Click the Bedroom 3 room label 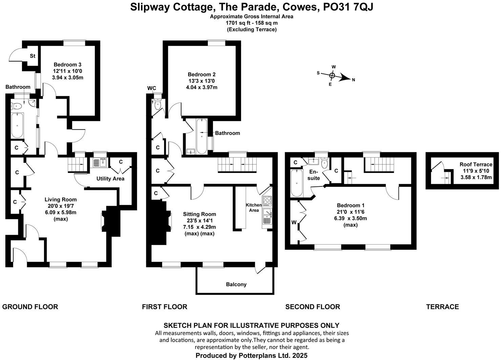tap(68, 64)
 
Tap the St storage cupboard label tap(32, 56)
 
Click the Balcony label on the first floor tap(236, 284)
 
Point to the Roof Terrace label tap(476, 164)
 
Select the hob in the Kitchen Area tap(267, 201)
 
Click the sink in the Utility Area tap(100, 163)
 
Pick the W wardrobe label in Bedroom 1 tap(294, 222)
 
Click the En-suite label tap(314, 175)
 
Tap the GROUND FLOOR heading tap(30, 307)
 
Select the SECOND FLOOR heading tap(312, 307)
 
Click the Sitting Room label tap(199, 214)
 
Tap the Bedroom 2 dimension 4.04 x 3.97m tap(201, 87)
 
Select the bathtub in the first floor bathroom tap(202, 136)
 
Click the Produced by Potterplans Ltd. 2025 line tap(251, 355)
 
